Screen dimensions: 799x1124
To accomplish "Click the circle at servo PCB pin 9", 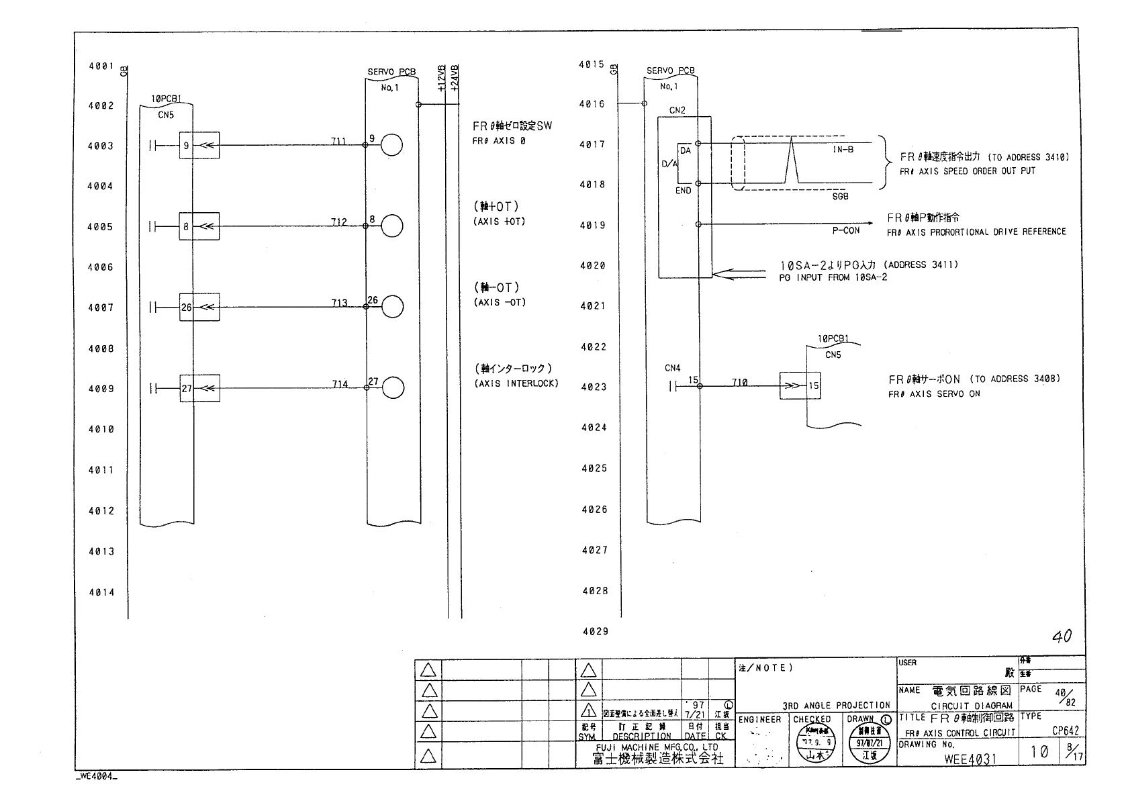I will [391, 145].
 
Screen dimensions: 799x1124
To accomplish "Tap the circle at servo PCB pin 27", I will [393, 388].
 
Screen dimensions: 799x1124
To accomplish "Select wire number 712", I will [339, 222].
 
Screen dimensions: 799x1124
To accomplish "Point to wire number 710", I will [739, 383].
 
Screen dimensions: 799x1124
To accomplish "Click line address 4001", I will [101, 66].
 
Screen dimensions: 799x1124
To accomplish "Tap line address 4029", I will [594, 631].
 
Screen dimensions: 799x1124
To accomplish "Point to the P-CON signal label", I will [846, 230].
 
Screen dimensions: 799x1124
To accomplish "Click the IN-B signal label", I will [843, 150].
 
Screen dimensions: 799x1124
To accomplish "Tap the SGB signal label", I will [840, 197].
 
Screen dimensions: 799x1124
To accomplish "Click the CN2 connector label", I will [677, 111].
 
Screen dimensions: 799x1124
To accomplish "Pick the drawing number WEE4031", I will [970, 759].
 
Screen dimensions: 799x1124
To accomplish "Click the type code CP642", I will [1066, 731].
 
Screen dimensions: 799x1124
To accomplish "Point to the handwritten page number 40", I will [1062, 636].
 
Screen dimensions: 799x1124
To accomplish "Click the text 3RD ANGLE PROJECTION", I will [836, 706].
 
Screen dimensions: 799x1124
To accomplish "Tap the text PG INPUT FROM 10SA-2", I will [833, 277].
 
